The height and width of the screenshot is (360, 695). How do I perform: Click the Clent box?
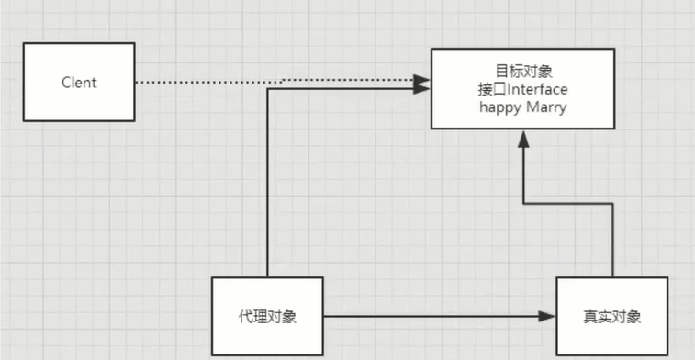79,83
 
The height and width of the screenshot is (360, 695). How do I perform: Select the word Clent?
79,83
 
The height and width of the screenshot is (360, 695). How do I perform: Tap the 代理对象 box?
267,317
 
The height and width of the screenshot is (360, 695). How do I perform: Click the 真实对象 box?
611,317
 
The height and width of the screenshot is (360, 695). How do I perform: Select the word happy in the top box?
499,107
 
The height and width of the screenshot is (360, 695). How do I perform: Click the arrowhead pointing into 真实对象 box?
548,317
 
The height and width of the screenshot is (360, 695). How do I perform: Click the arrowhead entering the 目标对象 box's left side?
423,88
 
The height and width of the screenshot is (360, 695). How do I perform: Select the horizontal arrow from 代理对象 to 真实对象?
432,317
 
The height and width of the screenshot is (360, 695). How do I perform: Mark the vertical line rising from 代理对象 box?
267,184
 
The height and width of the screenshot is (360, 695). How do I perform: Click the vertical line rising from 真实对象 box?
611,239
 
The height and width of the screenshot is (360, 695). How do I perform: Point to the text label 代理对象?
267,317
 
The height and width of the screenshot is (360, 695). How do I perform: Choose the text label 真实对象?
611,317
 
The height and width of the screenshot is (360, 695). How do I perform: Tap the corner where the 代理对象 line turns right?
267,89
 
